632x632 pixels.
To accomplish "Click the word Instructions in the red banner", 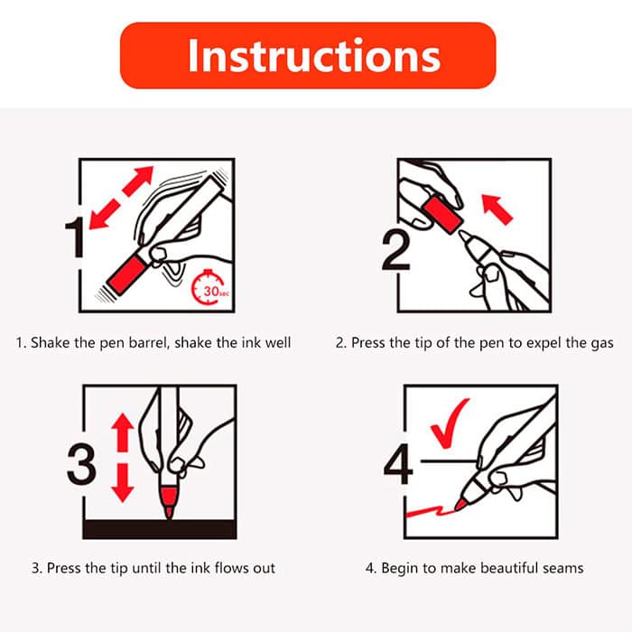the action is tap(314, 56).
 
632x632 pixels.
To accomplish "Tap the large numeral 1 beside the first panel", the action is tap(75, 237).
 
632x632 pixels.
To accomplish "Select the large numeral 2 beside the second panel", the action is tap(395, 250).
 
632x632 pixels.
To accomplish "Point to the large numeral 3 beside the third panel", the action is tap(82, 463).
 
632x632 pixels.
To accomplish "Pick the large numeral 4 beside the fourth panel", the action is tap(398, 463).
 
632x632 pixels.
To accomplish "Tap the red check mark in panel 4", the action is tap(449, 423).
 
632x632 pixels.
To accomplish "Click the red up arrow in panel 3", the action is tap(123, 432).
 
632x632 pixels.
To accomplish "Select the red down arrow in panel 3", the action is tap(123, 483).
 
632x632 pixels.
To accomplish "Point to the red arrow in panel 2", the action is tap(497, 209).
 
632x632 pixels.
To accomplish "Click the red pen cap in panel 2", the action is tap(442, 215).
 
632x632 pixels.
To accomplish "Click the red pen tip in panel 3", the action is tap(169, 502).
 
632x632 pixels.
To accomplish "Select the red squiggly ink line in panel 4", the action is tap(431, 511).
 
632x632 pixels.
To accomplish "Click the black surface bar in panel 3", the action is tap(160, 529).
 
